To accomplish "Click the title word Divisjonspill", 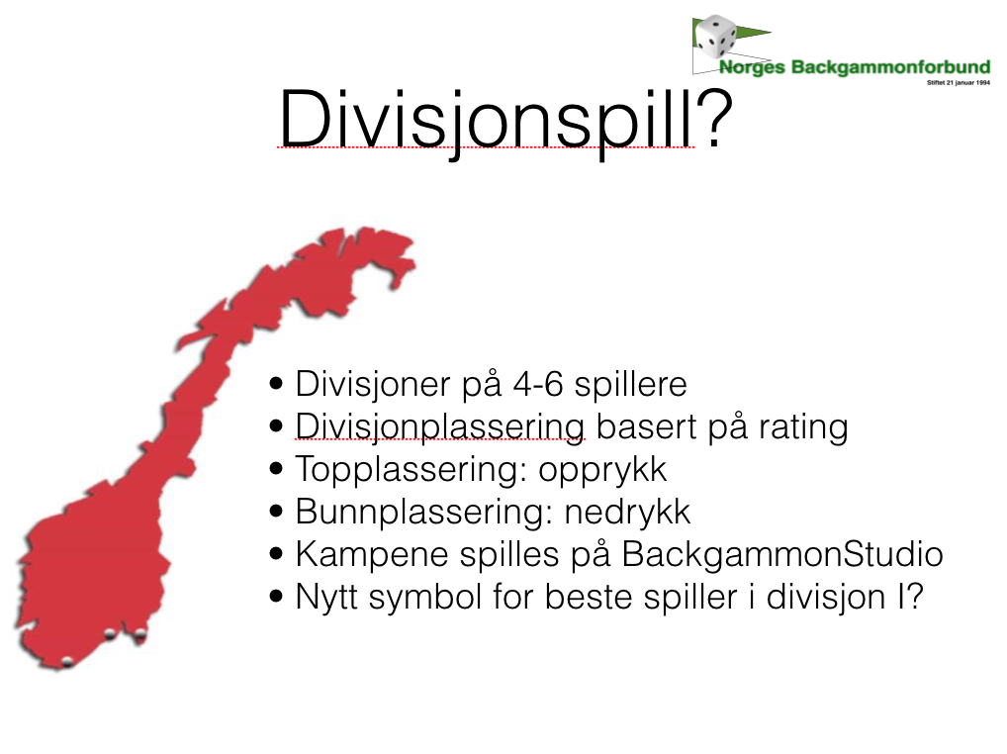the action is (x=486, y=122).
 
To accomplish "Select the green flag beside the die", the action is (x=753, y=31).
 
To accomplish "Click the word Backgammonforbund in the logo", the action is (x=890, y=67).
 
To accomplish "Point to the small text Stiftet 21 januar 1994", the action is (x=959, y=82).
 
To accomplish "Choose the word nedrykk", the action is (x=627, y=512).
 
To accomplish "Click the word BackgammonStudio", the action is (x=782, y=554).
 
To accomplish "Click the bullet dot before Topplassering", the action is (x=277, y=469).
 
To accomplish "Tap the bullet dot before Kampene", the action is (x=277, y=553).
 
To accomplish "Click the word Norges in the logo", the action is (x=752, y=67).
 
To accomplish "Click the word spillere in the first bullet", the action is (x=631, y=385).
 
